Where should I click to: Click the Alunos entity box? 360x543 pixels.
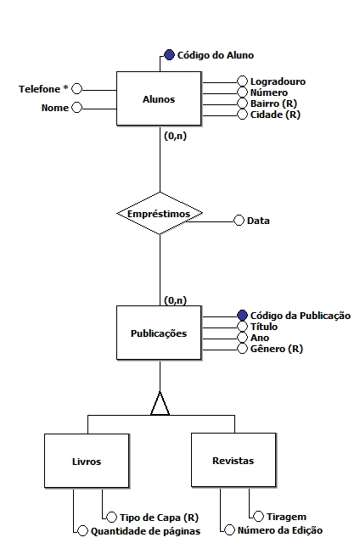tap(159, 98)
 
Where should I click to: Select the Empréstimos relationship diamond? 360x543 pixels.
tap(160, 213)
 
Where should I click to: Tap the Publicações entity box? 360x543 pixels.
tap(159, 333)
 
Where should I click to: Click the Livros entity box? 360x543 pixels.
tap(87, 461)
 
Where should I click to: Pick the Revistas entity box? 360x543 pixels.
tap(233, 460)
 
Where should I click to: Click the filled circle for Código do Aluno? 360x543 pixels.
tap(169, 54)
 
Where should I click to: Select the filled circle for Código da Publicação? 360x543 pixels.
tap(242, 316)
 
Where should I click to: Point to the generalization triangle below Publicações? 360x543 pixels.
tap(160, 404)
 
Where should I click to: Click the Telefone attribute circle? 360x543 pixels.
tap(76, 89)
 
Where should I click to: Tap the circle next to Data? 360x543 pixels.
tap(239, 221)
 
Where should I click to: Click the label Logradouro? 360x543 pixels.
tap(278, 81)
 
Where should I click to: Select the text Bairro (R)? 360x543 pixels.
tap(273, 104)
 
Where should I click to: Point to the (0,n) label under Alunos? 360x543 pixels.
tap(175, 136)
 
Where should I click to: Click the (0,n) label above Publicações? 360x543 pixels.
tap(175, 300)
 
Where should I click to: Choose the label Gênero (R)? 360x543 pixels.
tap(277, 349)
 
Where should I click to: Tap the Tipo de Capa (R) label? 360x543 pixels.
tap(159, 518)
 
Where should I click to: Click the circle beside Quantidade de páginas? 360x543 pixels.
tap(83, 531)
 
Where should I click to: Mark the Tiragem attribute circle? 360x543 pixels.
tap(258, 517)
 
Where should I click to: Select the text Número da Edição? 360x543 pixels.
tap(280, 530)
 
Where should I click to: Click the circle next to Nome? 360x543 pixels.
tap(76, 108)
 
